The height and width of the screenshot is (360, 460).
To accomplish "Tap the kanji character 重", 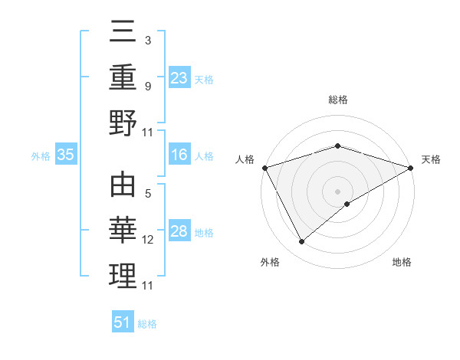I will point(123,77).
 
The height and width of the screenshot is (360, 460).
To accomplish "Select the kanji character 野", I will point(123,123).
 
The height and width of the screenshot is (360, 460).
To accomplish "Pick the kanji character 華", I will point(123,231).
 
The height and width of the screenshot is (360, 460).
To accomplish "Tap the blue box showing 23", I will point(179,77).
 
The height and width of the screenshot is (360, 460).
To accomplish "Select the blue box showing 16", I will point(179,155).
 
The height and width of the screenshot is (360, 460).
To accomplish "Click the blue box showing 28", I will point(179,231).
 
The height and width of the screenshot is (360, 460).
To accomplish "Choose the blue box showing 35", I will point(66,155).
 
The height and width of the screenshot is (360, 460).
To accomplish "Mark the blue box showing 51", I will point(123,322).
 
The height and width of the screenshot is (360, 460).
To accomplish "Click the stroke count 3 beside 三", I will point(147,39).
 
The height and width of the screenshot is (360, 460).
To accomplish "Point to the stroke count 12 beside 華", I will point(148,240).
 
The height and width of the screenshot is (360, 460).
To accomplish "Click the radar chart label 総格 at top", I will point(338,100).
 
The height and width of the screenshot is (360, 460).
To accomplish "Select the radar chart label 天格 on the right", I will point(432,159).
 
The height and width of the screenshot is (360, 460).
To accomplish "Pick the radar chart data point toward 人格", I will point(264,167).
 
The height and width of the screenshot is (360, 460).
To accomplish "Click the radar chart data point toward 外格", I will point(301,242).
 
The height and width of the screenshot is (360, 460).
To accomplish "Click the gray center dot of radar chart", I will point(338,191).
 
